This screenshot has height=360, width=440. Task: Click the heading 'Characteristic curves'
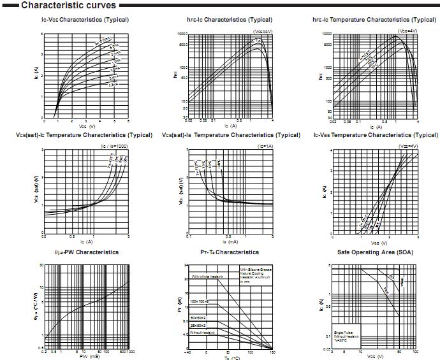tap(60, 6)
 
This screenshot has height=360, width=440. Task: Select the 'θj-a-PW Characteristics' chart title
tap(84, 252)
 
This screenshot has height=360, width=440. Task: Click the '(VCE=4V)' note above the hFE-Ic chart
tap(263, 31)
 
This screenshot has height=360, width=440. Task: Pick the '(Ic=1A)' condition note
tap(265, 147)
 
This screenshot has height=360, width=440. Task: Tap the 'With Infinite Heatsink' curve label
tap(208, 277)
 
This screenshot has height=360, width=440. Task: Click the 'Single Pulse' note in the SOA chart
tap(343, 333)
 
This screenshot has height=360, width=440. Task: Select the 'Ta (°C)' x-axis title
tap(230, 357)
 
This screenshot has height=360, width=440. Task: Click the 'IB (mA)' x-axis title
tap(230, 242)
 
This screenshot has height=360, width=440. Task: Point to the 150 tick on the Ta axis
tap(273, 352)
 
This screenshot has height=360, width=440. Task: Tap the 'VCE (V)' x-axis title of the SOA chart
tap(373, 357)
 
